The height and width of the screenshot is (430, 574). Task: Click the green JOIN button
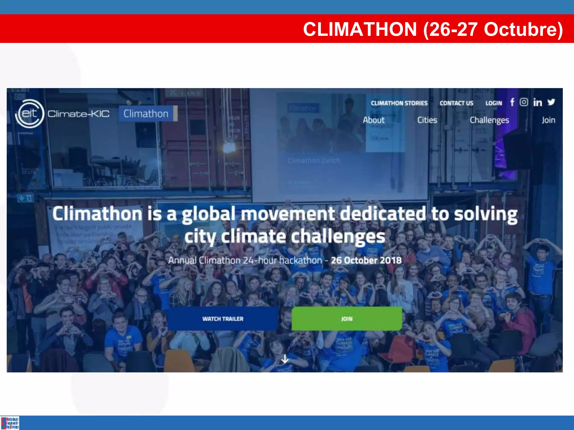coord(347,319)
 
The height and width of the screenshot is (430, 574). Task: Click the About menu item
coord(374,120)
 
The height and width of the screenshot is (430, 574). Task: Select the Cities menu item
coord(427,120)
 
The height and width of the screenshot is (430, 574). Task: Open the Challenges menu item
coord(489,120)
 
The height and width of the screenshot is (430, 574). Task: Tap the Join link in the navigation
coord(548,120)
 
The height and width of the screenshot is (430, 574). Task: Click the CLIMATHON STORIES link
coord(399,103)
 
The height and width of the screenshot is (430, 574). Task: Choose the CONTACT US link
coord(456,103)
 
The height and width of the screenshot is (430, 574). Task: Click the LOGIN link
coord(494,103)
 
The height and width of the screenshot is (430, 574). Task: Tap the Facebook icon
coord(512,102)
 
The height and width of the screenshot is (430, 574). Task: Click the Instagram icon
coord(524,102)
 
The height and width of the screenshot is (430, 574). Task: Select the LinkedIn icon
coord(537,102)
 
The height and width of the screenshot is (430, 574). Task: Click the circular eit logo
coord(30,114)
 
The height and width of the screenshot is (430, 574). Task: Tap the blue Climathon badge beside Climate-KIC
coord(146,114)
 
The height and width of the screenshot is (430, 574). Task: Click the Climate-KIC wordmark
coord(78,114)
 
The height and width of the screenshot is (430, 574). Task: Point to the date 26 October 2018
coord(366,260)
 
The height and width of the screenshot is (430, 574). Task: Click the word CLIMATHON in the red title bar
coord(360,29)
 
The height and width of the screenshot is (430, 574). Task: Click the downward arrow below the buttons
coord(285,359)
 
